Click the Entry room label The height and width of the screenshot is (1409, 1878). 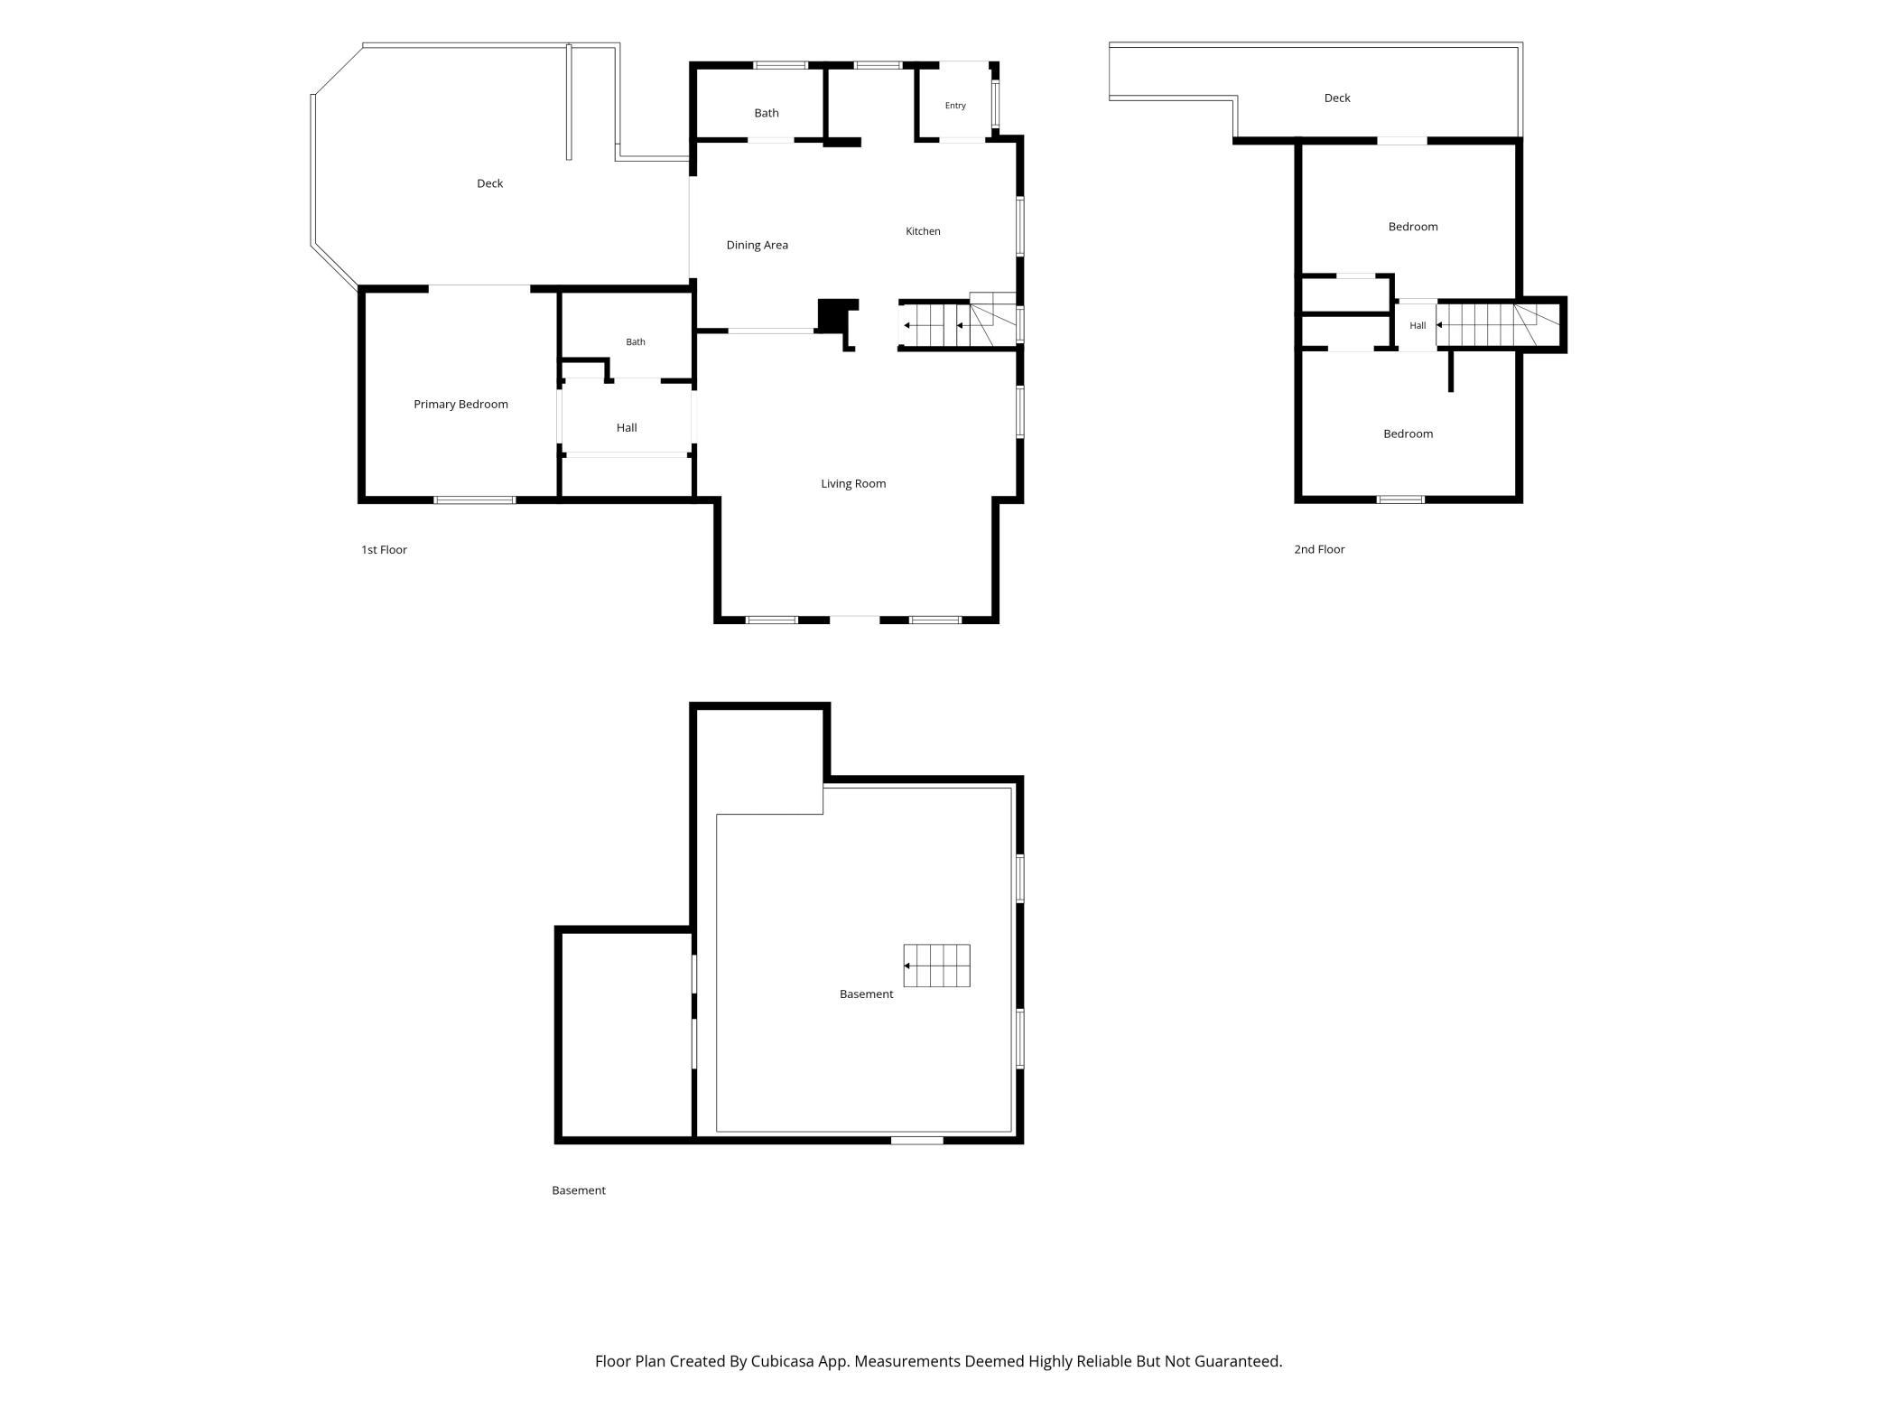coord(955,106)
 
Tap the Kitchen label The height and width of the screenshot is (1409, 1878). coord(923,231)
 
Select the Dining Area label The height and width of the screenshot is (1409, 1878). coord(757,245)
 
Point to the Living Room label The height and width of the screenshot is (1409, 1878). coord(853,483)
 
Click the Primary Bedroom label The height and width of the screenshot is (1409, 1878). coord(460,404)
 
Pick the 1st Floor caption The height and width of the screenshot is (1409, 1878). coord(384,549)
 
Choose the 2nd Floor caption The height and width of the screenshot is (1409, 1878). coord(1319,549)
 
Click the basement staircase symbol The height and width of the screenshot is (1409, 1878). coord(936,966)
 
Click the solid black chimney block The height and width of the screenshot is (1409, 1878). coord(837,315)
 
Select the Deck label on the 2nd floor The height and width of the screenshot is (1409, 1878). coord(1337,98)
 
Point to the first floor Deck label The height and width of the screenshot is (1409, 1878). coord(489,183)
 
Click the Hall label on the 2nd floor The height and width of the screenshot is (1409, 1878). coord(1418,325)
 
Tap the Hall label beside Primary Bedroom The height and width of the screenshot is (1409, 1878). coord(627,427)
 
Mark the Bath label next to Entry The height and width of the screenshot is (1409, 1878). coord(767,113)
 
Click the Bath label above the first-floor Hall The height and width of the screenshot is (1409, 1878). coord(636,341)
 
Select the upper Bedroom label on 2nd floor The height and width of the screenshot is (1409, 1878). coord(1413,227)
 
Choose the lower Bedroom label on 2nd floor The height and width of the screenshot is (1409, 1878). coord(1408,434)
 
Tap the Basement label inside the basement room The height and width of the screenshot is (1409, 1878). coord(866,994)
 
